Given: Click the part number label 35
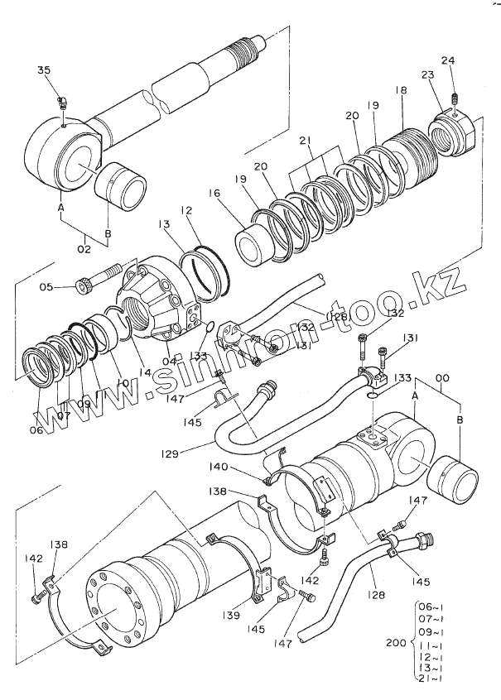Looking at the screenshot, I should [x=44, y=70].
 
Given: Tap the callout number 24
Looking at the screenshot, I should [x=448, y=60].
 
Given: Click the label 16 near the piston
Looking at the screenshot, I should [x=214, y=194].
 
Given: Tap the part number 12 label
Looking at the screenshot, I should [x=188, y=212].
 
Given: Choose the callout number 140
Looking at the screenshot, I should [x=242, y=467].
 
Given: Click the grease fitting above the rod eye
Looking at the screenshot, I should [x=63, y=103].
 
